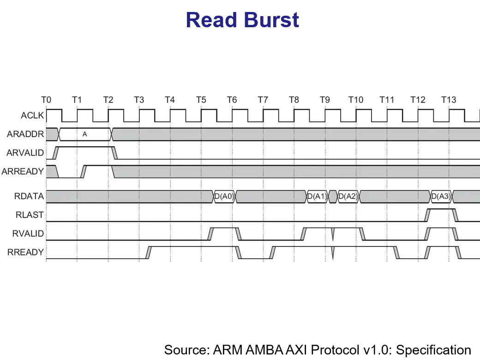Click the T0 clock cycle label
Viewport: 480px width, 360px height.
click(46, 100)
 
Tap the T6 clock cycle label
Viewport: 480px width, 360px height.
click(232, 100)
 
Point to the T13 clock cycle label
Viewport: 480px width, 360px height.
click(448, 100)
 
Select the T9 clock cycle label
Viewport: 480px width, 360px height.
click(324, 100)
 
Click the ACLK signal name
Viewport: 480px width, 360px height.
click(32, 115)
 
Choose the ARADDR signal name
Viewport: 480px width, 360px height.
click(25, 134)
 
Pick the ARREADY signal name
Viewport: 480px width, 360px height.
click(23, 171)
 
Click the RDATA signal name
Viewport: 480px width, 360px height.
click(29, 196)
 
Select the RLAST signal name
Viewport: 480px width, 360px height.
click(30, 215)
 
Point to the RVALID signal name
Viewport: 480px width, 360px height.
click(28, 234)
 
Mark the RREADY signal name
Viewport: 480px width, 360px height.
click(26, 252)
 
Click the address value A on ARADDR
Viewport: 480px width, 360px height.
click(84, 134)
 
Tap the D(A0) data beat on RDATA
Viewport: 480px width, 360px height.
click(224, 197)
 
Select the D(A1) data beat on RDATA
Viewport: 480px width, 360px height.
click(317, 197)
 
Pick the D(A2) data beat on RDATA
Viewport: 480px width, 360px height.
click(348, 197)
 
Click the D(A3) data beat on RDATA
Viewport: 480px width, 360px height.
click(441, 197)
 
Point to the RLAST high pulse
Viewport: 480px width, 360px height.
click(441, 210)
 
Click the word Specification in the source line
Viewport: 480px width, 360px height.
click(434, 350)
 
